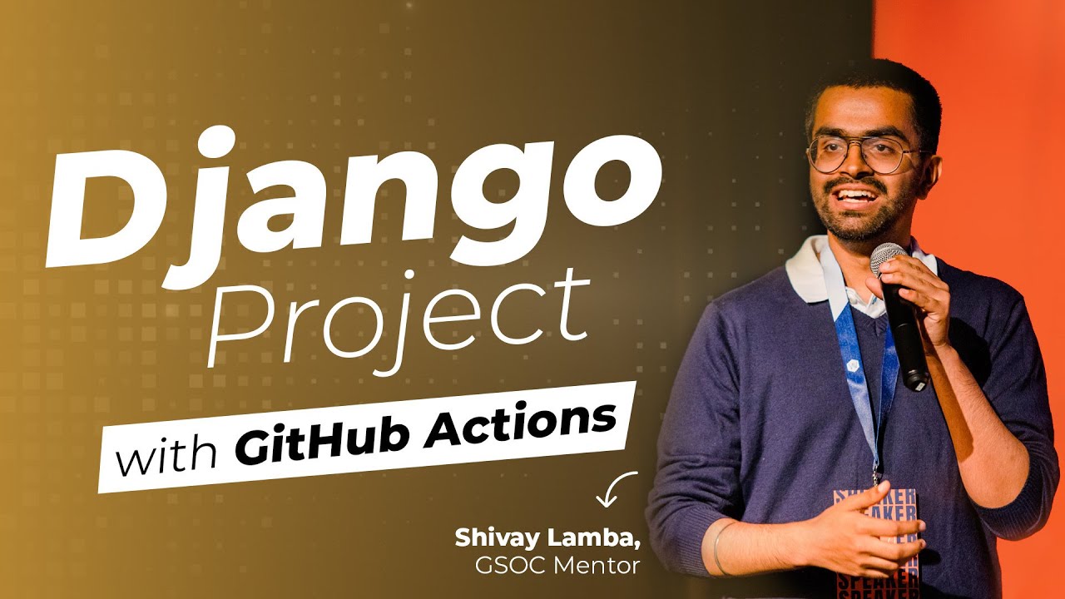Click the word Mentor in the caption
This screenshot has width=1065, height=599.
point(599,567)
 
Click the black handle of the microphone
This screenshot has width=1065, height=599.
point(909,341)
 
